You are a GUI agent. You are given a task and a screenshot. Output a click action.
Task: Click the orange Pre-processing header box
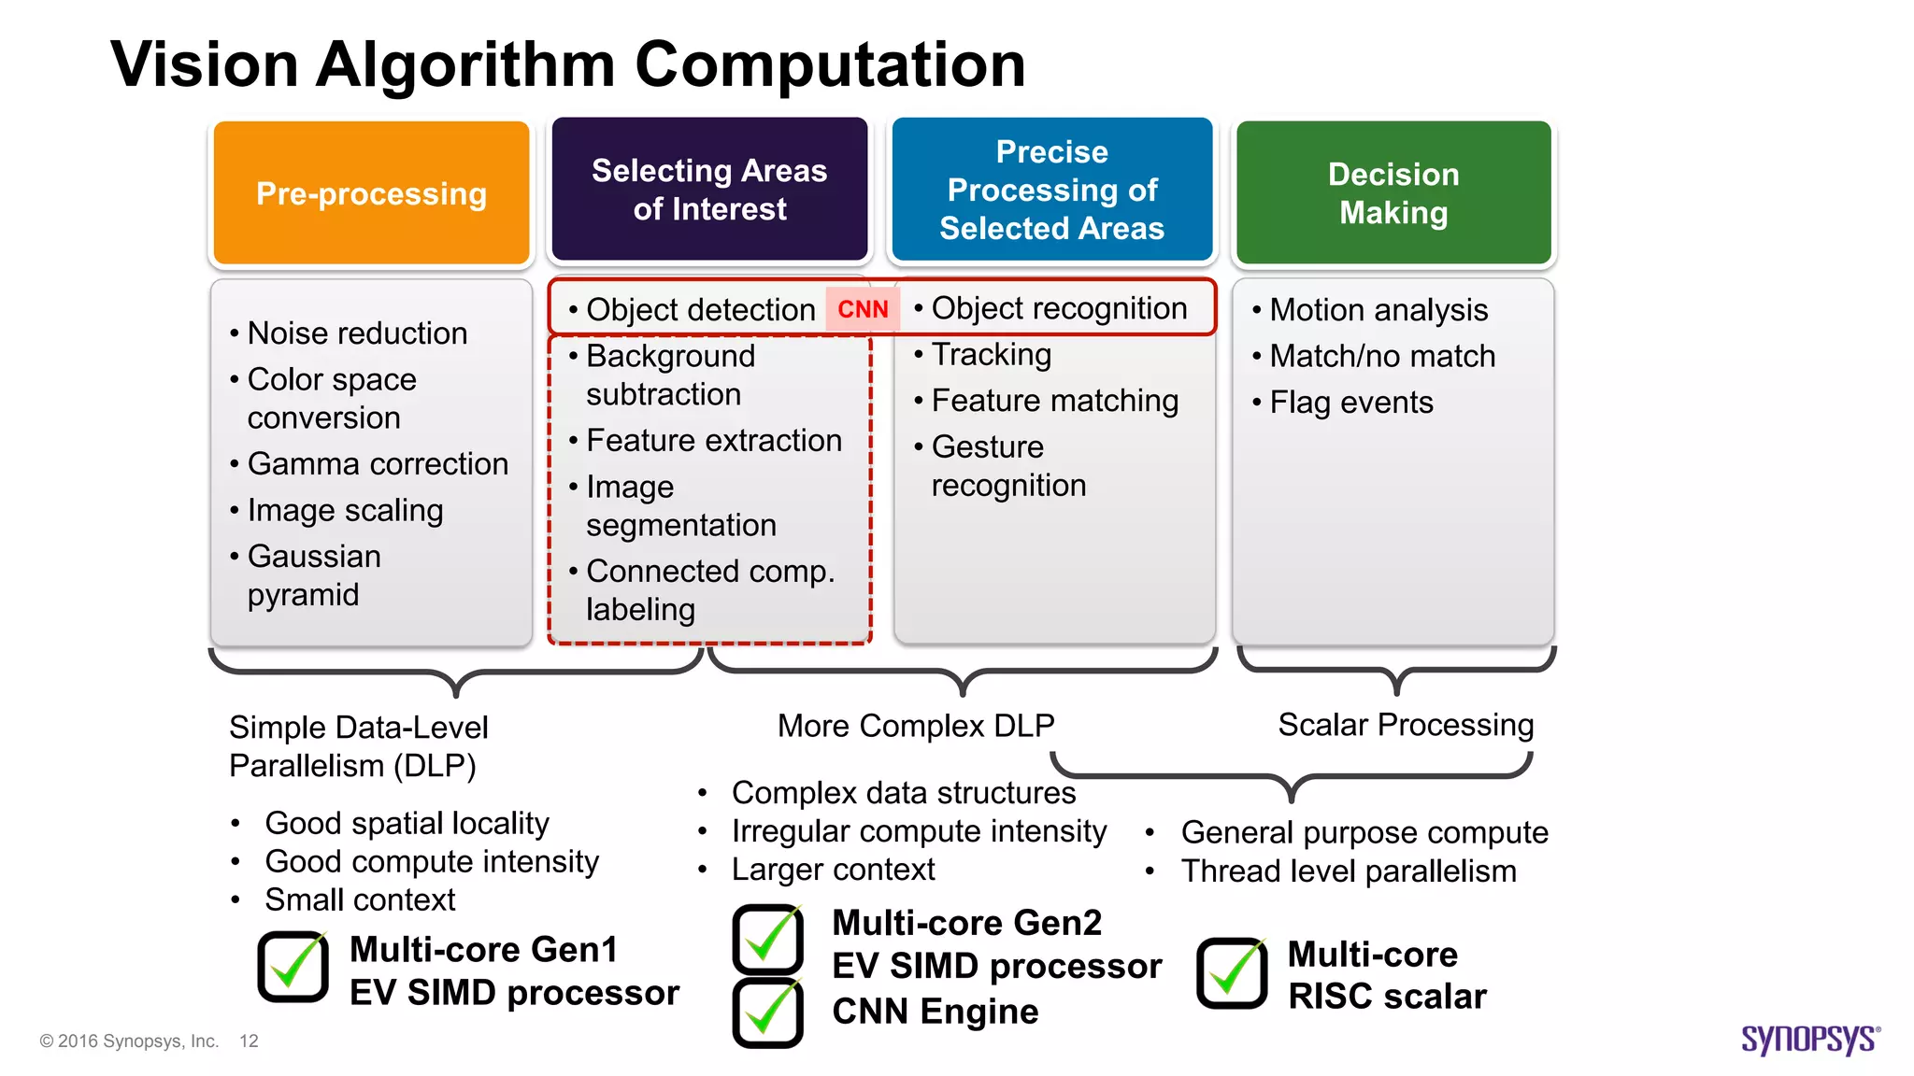(371, 192)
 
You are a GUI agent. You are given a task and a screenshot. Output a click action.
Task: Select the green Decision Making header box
(1393, 192)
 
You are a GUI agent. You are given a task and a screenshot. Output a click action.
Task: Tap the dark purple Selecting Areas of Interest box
(709, 189)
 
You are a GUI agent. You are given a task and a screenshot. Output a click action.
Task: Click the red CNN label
(863, 309)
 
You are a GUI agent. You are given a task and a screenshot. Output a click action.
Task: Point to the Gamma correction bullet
(378, 463)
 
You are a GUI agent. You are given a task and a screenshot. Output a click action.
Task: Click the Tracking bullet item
(991, 354)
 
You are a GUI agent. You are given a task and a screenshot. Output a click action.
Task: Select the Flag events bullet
(1350, 402)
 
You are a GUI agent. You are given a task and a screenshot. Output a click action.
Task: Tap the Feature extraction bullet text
(713, 440)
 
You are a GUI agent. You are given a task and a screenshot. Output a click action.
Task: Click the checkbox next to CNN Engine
(767, 1012)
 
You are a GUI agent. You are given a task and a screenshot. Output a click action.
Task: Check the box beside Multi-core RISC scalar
(1232, 973)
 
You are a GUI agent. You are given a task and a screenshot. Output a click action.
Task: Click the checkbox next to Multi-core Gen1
(293, 967)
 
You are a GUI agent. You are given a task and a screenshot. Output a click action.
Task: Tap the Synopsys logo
(1809, 1039)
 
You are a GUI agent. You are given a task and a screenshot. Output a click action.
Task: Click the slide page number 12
(249, 1041)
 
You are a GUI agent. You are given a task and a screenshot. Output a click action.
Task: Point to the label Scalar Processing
(1405, 725)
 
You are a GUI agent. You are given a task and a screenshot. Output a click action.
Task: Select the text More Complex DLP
(916, 726)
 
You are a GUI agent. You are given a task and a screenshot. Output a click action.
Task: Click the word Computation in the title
(830, 64)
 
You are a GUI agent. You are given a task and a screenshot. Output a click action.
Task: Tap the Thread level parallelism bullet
(1348, 871)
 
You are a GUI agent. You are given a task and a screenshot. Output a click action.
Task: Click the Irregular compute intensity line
(919, 830)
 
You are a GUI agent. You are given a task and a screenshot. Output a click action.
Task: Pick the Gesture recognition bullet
(1007, 465)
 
